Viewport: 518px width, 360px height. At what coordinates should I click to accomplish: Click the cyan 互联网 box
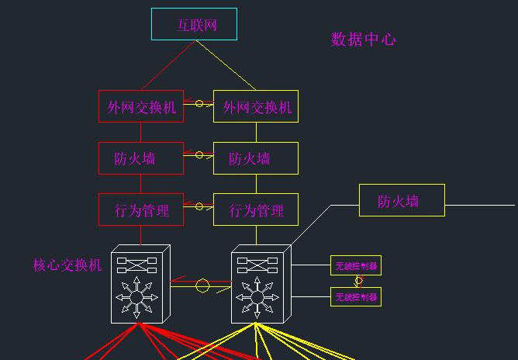193,25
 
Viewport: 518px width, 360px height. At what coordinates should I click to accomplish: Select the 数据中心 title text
364,40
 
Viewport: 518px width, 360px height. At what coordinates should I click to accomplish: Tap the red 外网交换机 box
141,106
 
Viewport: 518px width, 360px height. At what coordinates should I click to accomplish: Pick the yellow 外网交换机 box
256,106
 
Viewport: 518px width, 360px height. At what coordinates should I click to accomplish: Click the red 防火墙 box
141,158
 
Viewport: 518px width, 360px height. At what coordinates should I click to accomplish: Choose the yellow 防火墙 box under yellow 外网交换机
256,158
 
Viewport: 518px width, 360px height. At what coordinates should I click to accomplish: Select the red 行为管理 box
141,209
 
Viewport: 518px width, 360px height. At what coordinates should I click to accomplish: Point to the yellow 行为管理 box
256,209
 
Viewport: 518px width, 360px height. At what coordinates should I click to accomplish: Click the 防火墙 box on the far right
402,200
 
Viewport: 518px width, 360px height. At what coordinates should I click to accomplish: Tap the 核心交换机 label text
67,265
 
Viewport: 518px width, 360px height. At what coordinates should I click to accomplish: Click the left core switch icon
140,283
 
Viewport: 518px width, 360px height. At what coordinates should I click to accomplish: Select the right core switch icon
260,285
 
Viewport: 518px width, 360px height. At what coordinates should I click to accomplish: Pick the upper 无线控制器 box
356,265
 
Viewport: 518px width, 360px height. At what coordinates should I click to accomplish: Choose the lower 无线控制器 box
356,296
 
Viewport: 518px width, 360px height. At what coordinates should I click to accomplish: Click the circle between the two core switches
202,286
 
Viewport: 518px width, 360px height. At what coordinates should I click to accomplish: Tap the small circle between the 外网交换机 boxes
199,103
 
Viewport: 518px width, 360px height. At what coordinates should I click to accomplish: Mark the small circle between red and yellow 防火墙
199,155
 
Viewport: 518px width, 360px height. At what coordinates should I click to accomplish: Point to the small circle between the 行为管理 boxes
199,206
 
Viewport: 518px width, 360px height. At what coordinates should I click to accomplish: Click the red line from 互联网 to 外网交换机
167,66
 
